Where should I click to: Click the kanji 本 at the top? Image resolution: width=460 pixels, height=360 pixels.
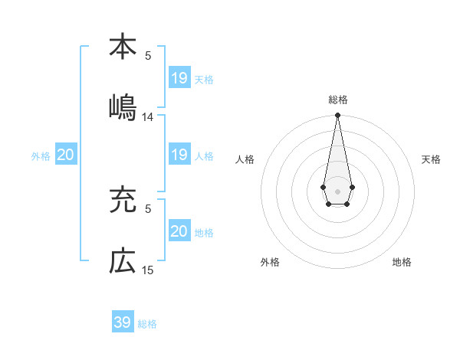pyautogui.click(x=122, y=47)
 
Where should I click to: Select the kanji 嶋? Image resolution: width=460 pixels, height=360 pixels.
pyautogui.click(x=122, y=108)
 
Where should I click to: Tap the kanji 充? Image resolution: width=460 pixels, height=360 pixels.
pyautogui.click(x=122, y=201)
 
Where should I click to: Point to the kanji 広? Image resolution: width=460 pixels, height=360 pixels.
pyautogui.click(x=122, y=262)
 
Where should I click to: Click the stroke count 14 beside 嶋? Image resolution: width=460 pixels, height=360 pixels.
pyautogui.click(x=148, y=117)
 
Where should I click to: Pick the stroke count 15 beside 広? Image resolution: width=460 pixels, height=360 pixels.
pyautogui.click(x=148, y=270)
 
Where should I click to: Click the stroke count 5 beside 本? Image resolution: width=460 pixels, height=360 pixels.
pyautogui.click(x=148, y=55)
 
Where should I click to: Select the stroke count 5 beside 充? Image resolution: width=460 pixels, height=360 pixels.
pyautogui.click(x=148, y=208)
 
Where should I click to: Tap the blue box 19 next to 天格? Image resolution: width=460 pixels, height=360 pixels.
pyautogui.click(x=179, y=78)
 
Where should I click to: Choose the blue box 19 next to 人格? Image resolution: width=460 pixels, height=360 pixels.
pyautogui.click(x=179, y=155)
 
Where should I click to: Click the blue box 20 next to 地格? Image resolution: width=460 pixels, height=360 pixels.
pyautogui.click(x=179, y=231)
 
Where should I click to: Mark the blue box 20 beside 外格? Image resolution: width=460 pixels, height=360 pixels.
pyautogui.click(x=66, y=155)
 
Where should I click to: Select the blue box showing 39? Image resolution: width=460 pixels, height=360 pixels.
pyautogui.click(x=123, y=322)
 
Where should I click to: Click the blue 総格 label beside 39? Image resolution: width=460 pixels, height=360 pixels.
pyautogui.click(x=147, y=324)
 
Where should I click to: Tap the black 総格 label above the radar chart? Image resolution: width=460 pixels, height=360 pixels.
pyautogui.click(x=338, y=100)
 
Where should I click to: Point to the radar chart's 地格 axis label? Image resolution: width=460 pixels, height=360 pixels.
pyautogui.click(x=402, y=263)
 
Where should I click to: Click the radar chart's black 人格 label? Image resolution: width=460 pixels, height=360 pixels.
pyautogui.click(x=245, y=159)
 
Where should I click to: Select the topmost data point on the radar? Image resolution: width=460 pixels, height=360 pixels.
pyautogui.click(x=337, y=116)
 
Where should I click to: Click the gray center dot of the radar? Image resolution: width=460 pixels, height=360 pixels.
pyautogui.click(x=337, y=190)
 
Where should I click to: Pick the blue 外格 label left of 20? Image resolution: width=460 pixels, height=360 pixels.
pyautogui.click(x=41, y=156)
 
